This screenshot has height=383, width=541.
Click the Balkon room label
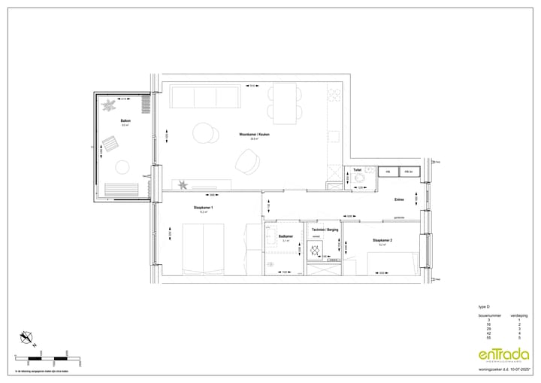[116, 120]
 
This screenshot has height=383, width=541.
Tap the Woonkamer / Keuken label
[254, 135]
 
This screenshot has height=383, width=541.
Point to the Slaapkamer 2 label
[382, 240]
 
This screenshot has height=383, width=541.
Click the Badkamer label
[285, 236]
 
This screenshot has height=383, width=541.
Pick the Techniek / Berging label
[324, 228]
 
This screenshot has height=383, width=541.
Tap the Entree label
[399, 199]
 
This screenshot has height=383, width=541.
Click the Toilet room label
[358, 171]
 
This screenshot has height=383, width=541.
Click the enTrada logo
[500, 356]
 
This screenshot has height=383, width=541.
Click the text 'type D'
[484, 308]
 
